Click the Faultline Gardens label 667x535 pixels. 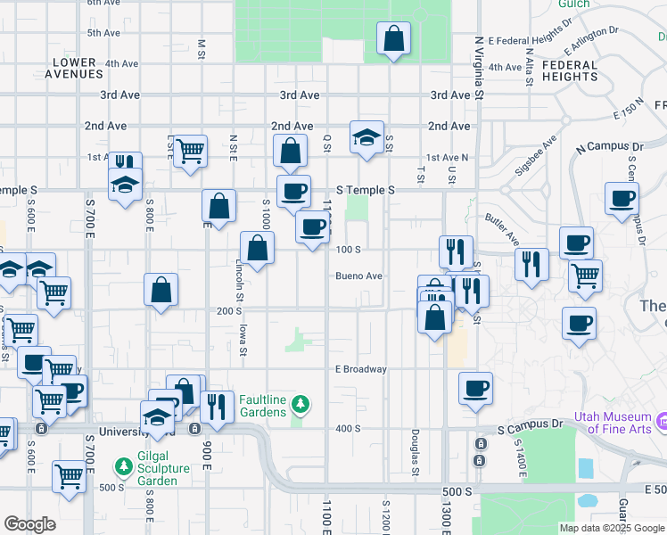(262, 406)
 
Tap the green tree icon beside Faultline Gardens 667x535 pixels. (301, 406)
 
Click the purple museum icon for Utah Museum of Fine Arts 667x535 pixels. (661, 419)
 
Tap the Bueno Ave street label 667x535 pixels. (358, 276)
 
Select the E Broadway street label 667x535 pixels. (361, 369)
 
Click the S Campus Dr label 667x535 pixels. (531, 428)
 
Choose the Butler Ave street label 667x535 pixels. (502, 228)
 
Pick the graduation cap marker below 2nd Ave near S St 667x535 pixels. (366, 137)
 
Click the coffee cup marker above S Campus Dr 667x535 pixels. (475, 389)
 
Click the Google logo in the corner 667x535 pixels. (30, 524)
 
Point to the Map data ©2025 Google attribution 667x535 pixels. (612, 528)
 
